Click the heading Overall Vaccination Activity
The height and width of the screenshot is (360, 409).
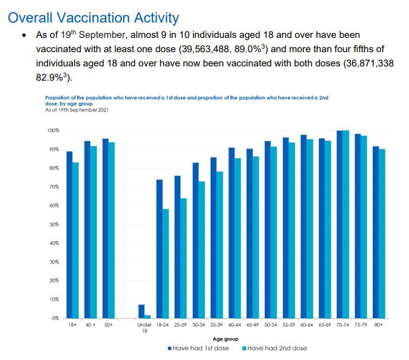click(94, 17)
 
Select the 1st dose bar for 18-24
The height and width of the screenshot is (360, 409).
click(159, 249)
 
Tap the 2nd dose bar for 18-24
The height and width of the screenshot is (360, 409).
click(166, 263)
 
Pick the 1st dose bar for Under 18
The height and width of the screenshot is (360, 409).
click(141, 311)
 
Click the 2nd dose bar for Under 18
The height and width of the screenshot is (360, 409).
click(148, 317)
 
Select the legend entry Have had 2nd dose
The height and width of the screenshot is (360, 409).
click(274, 348)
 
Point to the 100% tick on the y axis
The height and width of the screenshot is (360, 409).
click(53, 130)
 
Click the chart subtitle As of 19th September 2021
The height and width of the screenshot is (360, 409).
click(77, 110)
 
